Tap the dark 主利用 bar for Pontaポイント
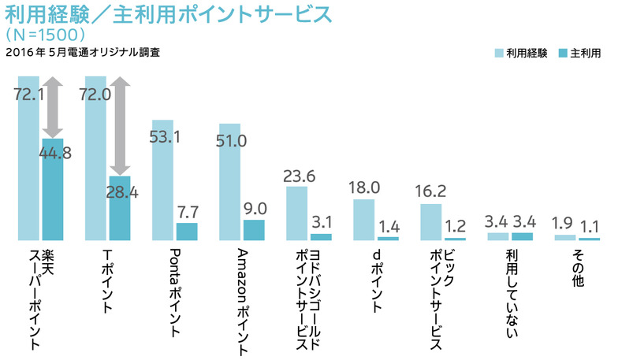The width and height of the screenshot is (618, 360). [187, 231]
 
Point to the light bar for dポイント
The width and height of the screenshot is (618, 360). [363, 219]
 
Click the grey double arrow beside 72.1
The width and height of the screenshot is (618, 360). [52, 106]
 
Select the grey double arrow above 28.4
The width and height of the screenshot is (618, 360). [120, 126]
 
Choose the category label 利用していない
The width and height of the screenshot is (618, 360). [511, 296]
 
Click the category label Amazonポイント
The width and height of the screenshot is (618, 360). [244, 296]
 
